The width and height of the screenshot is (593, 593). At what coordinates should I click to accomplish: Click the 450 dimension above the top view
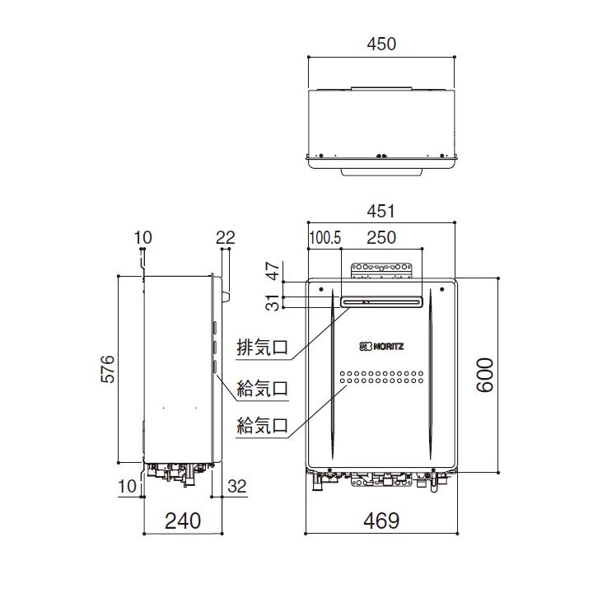(380, 44)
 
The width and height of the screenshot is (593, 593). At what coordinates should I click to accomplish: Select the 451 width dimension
(380, 211)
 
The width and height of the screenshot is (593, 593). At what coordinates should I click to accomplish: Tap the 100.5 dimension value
(325, 238)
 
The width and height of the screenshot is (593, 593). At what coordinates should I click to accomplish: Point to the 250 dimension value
(381, 238)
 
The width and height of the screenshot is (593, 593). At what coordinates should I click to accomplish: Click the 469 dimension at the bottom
(381, 521)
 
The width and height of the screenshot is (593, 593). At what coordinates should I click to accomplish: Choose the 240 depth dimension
(183, 521)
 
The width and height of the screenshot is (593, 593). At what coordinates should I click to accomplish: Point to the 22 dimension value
(225, 238)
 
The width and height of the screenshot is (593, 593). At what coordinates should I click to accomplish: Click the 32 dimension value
(236, 487)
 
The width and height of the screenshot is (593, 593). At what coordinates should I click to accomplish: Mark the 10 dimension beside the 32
(127, 487)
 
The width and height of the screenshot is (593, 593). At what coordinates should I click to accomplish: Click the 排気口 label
(262, 347)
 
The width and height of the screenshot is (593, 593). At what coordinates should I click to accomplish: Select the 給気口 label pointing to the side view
(262, 387)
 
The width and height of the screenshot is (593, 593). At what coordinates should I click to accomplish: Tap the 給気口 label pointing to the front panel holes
(262, 426)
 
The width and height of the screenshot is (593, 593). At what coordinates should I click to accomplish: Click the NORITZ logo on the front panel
(381, 347)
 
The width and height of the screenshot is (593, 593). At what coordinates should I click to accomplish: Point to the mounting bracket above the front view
(381, 269)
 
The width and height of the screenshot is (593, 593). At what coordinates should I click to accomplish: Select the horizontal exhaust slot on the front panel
(381, 301)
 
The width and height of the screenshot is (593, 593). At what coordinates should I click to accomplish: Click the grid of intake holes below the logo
(381, 377)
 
